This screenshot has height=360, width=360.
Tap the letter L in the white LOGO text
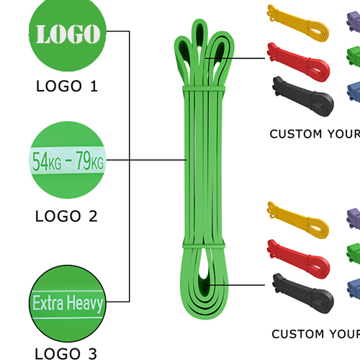click(x=44, y=34)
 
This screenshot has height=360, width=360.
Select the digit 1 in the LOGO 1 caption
click(x=94, y=86)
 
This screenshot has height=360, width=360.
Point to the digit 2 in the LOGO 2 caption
click(x=93, y=216)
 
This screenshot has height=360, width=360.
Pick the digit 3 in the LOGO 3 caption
click(x=93, y=354)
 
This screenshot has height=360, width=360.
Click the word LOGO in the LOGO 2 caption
click(x=58, y=216)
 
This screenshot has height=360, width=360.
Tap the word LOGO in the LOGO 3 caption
click(x=58, y=354)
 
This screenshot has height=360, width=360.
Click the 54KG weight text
click(x=47, y=161)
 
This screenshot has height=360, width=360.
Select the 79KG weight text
click(x=90, y=161)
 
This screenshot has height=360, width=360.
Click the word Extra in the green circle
click(x=48, y=303)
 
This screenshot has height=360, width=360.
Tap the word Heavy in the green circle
click(x=85, y=303)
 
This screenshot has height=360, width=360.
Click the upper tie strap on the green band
click(x=204, y=88)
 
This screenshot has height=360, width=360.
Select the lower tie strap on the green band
click(x=204, y=246)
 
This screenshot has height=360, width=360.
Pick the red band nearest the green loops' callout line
click(x=298, y=62)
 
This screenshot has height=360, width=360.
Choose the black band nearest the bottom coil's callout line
click(x=303, y=293)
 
